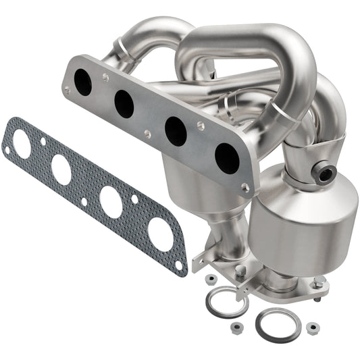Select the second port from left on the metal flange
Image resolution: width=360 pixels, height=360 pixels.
coord(124,103)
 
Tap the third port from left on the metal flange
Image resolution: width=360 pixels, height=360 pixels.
coord(175,131)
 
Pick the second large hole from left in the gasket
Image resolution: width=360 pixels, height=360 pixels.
coord(61,170)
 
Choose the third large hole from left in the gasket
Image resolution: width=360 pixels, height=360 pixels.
coord(111,201)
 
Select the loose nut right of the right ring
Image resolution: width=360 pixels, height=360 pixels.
coord(312,328)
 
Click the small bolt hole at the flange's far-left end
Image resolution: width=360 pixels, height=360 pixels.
coord(66,88)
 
